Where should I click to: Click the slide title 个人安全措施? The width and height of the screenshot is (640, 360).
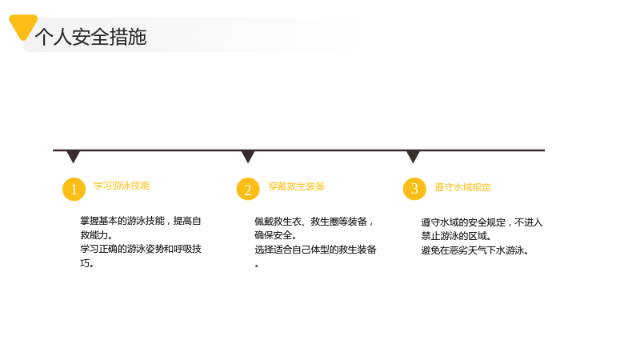click(x=90, y=37)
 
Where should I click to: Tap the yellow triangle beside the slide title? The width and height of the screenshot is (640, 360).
click(x=23, y=26)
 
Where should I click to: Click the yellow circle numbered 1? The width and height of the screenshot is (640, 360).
click(x=74, y=190)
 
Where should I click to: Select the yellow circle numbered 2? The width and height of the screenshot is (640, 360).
click(x=248, y=189)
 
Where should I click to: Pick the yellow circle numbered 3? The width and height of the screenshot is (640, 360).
click(x=414, y=189)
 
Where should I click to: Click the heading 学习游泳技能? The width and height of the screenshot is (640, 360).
click(x=122, y=186)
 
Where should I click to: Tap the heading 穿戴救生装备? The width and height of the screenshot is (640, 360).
click(x=296, y=186)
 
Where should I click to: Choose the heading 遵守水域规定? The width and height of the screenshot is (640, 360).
click(x=462, y=187)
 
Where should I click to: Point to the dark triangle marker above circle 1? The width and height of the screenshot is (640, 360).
click(x=74, y=157)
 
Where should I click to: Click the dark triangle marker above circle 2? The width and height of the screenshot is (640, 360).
click(x=248, y=157)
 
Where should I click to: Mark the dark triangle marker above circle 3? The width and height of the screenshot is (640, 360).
click(x=413, y=157)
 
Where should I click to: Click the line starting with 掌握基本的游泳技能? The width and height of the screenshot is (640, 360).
click(x=141, y=222)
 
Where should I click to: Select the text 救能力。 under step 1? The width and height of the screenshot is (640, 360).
click(x=96, y=235)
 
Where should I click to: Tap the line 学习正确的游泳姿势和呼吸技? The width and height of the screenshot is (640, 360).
click(x=141, y=249)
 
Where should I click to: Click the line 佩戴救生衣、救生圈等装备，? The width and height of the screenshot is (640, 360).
click(x=314, y=222)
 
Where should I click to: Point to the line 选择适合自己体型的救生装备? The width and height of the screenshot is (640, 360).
click(x=315, y=250)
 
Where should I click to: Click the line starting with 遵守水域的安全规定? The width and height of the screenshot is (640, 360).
click(x=482, y=222)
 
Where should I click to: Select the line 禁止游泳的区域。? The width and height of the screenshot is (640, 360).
click(x=456, y=236)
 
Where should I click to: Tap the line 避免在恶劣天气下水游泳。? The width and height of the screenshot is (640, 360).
click(x=474, y=250)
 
